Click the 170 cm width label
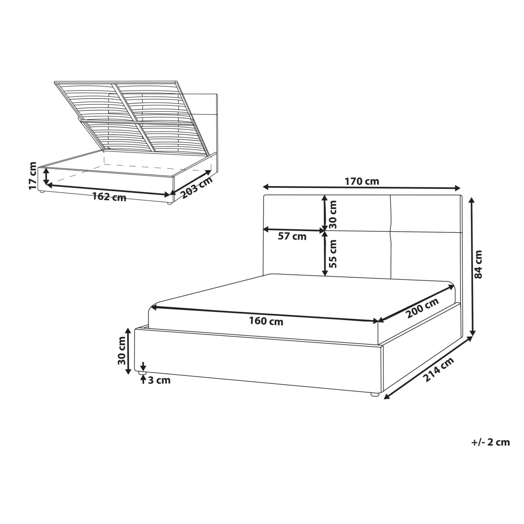[x=362, y=181]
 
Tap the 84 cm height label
[x=478, y=264]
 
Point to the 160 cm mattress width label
[x=266, y=322]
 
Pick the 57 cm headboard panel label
[x=292, y=237]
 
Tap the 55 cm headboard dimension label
[x=333, y=254]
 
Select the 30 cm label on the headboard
[x=333, y=214]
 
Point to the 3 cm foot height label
[x=159, y=380]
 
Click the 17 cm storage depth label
[x=33, y=176]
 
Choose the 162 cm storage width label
[x=109, y=197]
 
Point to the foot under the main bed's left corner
[x=143, y=373]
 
